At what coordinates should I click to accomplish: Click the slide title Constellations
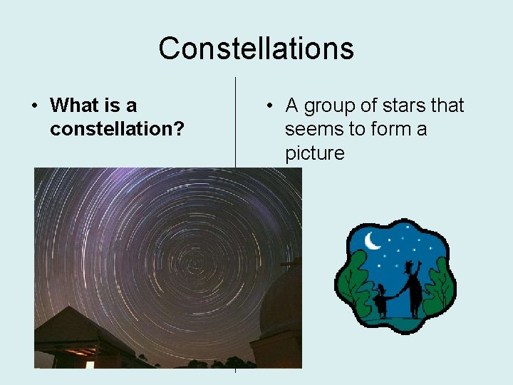[256, 48]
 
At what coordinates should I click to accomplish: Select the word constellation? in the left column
[117, 129]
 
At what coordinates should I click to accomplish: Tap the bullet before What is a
[34, 106]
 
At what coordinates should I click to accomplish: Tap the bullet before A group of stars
[269, 106]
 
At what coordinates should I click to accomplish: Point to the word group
[331, 106]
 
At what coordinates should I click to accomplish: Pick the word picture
[314, 153]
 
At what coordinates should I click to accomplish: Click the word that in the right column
[447, 106]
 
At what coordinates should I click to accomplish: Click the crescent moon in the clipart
[372, 242]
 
